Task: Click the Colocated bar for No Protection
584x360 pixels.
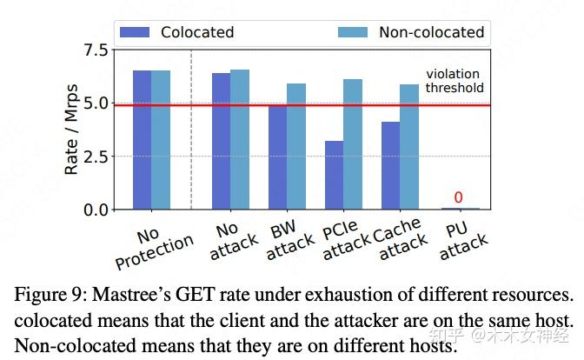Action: point(142,140)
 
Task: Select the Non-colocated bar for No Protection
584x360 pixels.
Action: point(161,140)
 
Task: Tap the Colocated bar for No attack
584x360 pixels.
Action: point(222,141)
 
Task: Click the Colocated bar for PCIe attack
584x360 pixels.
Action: point(334,175)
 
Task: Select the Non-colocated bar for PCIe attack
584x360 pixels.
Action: point(353,144)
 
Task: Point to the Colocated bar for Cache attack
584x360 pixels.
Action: point(389,165)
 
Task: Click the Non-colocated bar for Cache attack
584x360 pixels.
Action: point(408,147)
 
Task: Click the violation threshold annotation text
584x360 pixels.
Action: point(454,82)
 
